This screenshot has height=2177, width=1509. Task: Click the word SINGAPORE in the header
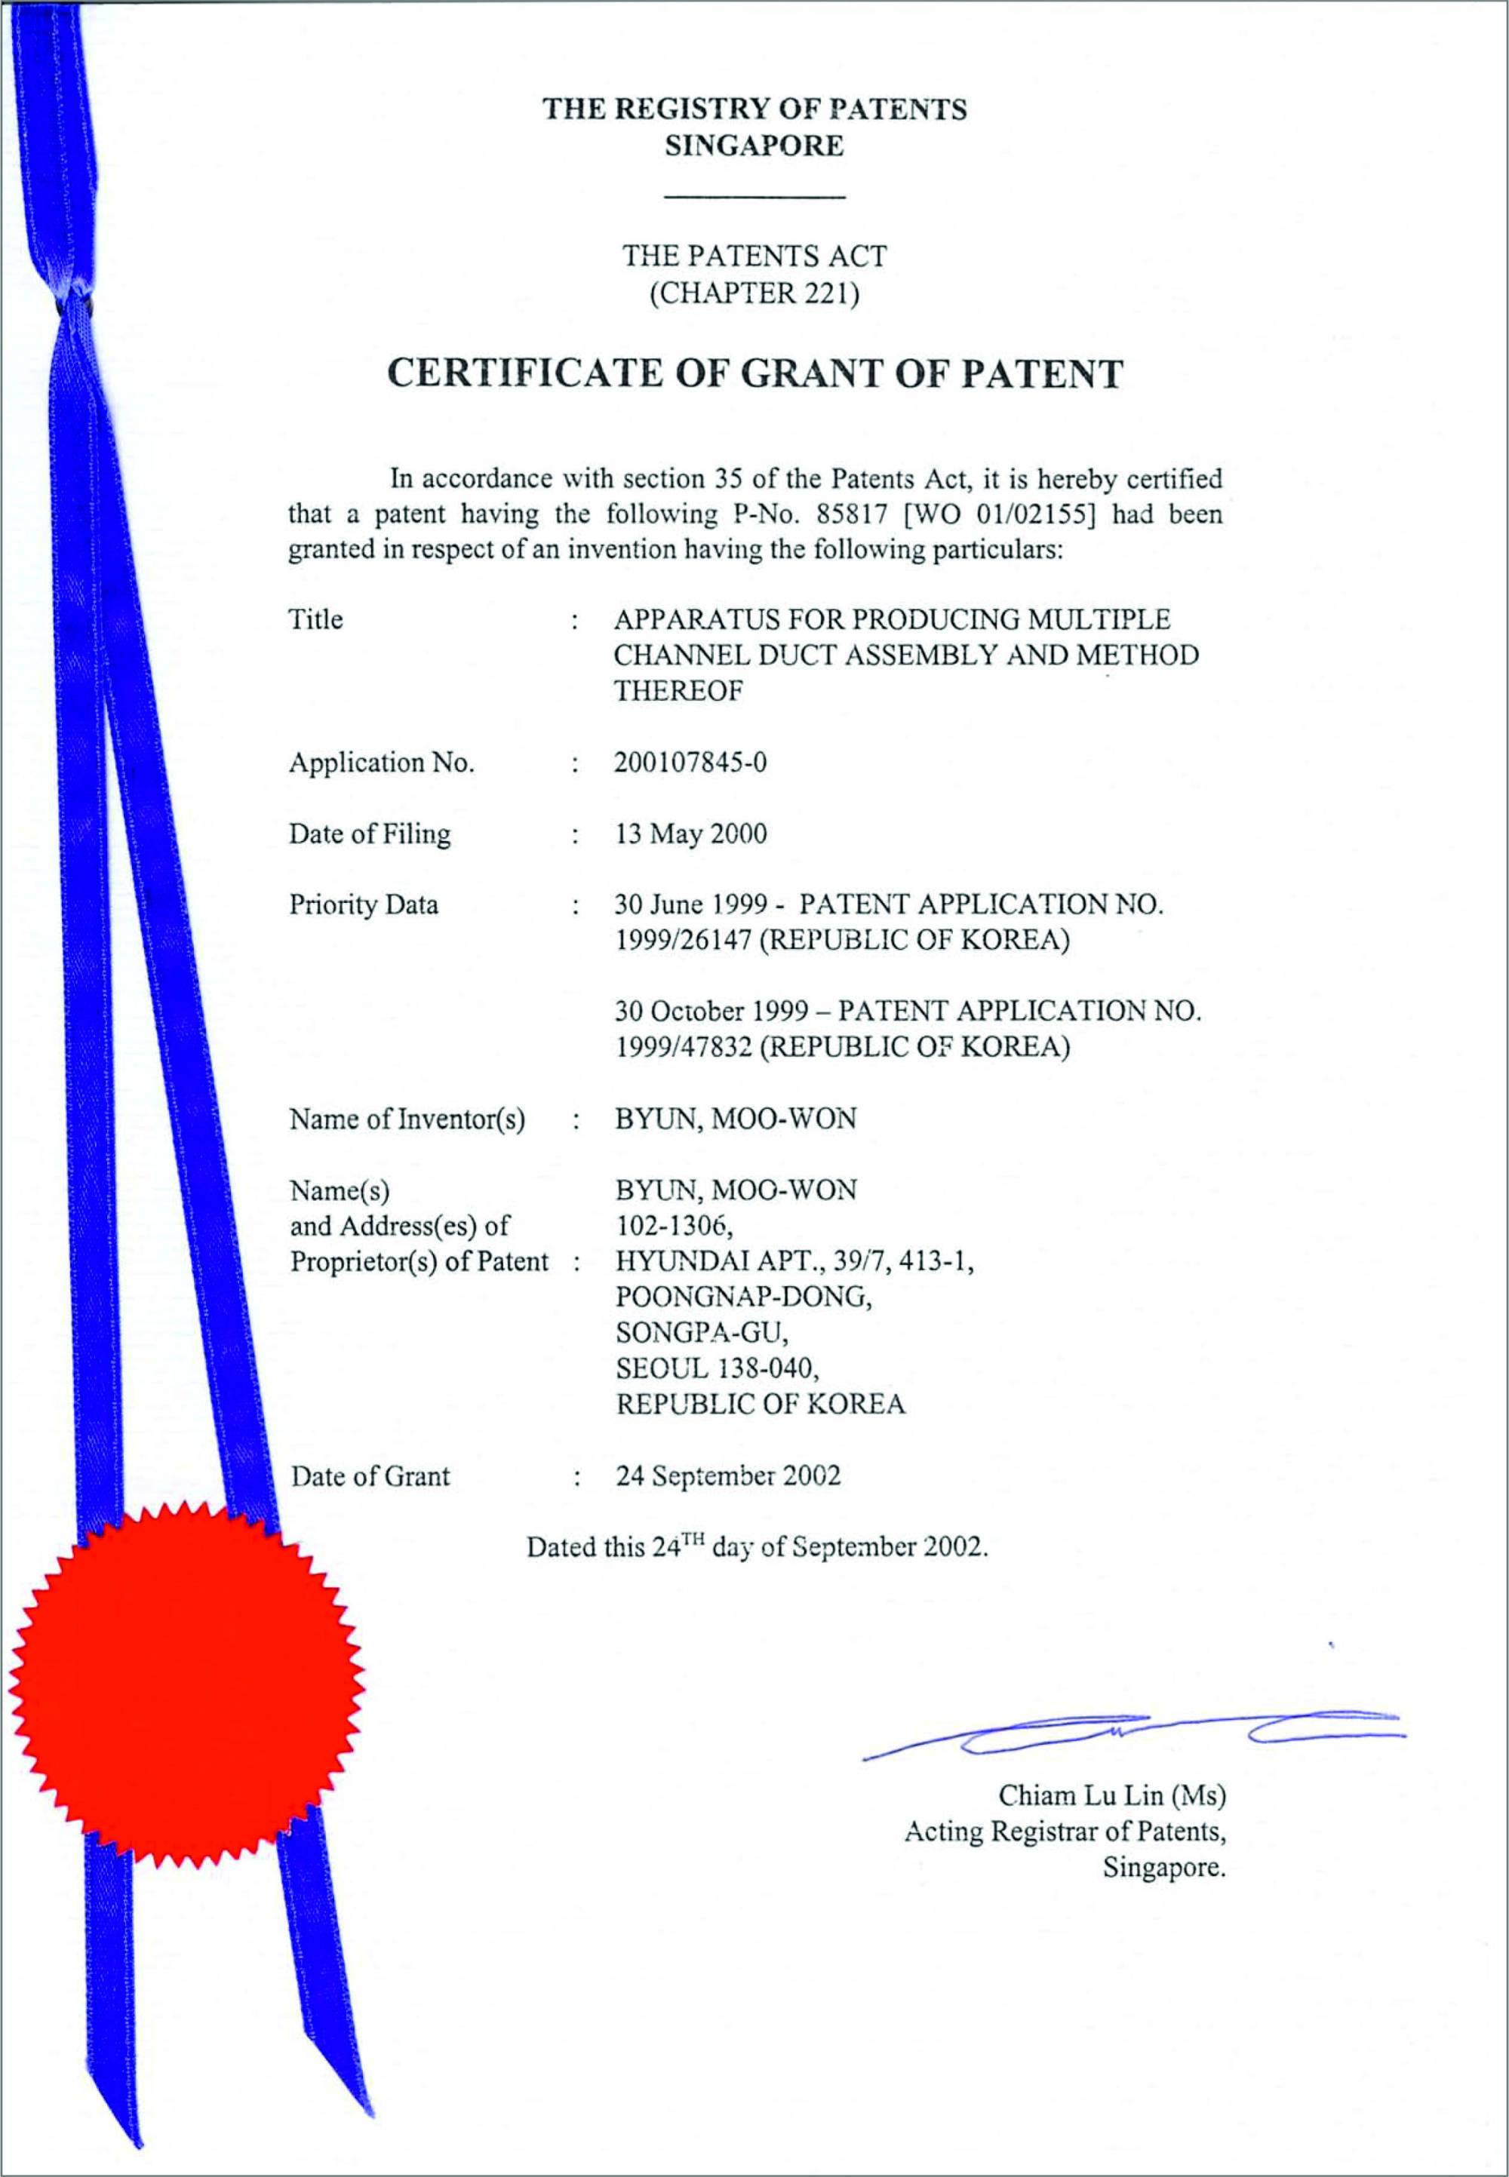pyautogui.click(x=754, y=146)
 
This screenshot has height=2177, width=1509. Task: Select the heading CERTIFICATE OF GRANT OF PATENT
pyautogui.click(x=754, y=373)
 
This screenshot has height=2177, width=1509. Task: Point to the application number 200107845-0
pyautogui.click(x=690, y=762)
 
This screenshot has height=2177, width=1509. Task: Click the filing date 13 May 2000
pyautogui.click(x=691, y=834)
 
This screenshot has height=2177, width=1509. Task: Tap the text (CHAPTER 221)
pyautogui.click(x=754, y=293)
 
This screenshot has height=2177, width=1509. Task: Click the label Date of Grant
pyautogui.click(x=370, y=1475)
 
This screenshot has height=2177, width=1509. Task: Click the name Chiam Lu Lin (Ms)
pyautogui.click(x=1112, y=1795)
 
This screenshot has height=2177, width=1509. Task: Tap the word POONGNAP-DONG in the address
pyautogui.click(x=743, y=1296)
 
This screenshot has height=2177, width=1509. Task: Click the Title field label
pyautogui.click(x=316, y=620)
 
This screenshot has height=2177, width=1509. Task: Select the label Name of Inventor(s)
pyautogui.click(x=407, y=1119)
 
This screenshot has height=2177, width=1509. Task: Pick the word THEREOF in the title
pyautogui.click(x=678, y=691)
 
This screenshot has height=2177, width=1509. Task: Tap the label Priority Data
pyautogui.click(x=363, y=904)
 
